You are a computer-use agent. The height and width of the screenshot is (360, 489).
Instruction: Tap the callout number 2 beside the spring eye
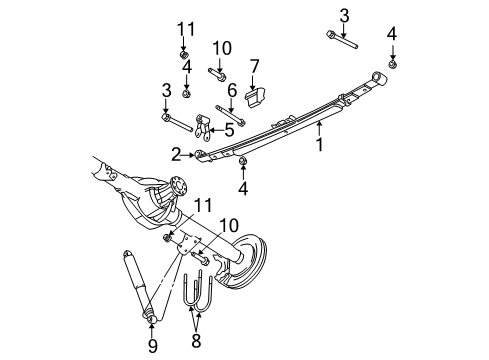[x=176, y=155]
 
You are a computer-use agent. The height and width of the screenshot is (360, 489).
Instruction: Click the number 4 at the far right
[x=392, y=34]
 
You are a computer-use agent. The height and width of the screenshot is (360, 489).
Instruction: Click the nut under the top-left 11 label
[x=183, y=52]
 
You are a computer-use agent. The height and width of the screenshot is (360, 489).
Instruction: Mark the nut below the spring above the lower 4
[x=243, y=161]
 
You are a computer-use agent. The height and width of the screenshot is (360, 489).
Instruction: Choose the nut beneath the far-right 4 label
[x=392, y=65]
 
